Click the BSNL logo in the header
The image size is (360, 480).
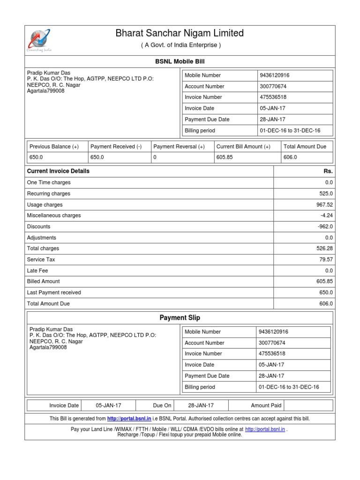click(x=40, y=40)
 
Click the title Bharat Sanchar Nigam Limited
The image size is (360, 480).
click(x=180, y=33)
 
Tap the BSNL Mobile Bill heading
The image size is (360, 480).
click(x=180, y=61)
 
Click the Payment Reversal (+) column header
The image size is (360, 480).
click(x=179, y=147)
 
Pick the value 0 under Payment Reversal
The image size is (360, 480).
click(x=155, y=157)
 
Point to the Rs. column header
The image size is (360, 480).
click(x=328, y=171)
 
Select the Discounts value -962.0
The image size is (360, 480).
click(x=323, y=226)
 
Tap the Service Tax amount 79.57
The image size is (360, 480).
click(x=325, y=259)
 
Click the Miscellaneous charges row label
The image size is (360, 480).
click(x=54, y=216)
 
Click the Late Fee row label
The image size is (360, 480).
click(x=37, y=270)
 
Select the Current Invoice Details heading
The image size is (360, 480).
click(x=58, y=171)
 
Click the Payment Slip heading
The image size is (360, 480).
click(x=180, y=318)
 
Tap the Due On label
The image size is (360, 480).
click(x=162, y=405)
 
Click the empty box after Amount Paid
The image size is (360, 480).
click(x=308, y=405)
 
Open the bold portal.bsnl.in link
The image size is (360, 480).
click(x=129, y=419)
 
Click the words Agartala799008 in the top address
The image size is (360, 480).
click(x=46, y=91)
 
